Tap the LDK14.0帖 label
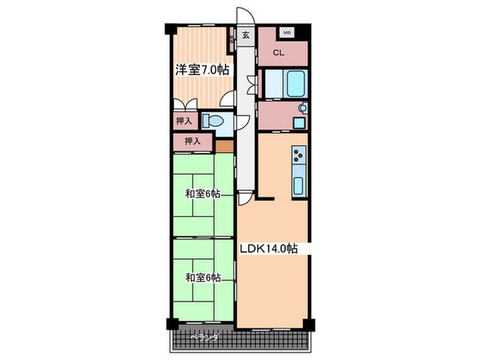[x=267, y=250]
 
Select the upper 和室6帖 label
[x=202, y=194]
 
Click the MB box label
[x=287, y=32]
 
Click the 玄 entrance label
[x=245, y=36]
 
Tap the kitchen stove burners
[x=299, y=158]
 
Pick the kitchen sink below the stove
[x=299, y=185]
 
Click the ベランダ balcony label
[x=204, y=337]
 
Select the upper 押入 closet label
[x=184, y=121]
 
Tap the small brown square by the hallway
[x=224, y=145]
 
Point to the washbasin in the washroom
[x=303, y=108]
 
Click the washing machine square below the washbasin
[x=299, y=123]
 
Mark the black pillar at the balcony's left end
[x=170, y=324]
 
